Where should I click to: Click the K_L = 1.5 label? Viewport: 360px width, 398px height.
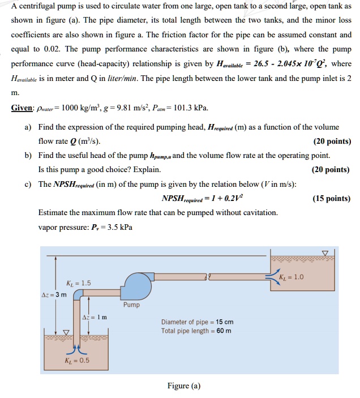(78, 283)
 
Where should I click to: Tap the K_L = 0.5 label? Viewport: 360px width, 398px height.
(78, 360)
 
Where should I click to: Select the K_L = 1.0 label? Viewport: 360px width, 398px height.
(292, 277)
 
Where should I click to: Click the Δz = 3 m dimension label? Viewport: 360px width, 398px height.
(54, 294)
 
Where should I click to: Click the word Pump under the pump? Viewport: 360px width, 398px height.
(131, 305)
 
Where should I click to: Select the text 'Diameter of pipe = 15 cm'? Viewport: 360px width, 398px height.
(197, 322)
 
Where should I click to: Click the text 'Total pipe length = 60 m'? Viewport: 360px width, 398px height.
(196, 331)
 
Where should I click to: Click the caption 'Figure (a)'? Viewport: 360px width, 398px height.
(184, 386)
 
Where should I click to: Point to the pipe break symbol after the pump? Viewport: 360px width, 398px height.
(210, 276)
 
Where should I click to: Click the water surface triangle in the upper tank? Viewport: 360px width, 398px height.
(324, 253)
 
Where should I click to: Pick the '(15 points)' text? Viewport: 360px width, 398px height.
(331, 199)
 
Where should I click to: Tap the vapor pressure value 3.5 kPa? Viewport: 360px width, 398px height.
(121, 228)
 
